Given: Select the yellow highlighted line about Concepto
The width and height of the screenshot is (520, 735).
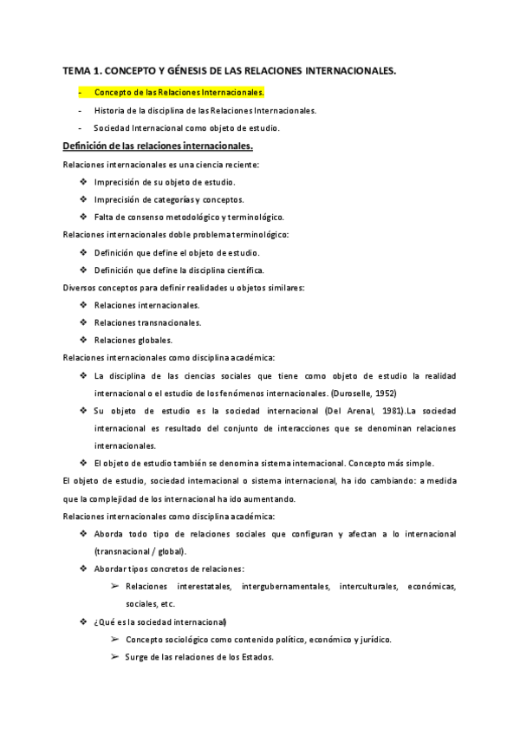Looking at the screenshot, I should click(179, 91).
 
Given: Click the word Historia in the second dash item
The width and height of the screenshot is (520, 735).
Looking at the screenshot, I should click(110, 110).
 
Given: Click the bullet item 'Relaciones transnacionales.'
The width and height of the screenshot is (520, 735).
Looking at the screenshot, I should click(136, 322).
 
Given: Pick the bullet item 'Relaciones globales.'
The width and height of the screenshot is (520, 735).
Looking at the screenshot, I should click(133, 340).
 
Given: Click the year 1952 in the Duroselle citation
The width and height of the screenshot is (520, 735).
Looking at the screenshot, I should click(360, 393).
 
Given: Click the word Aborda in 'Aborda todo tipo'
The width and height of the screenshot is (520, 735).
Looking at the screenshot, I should click(110, 534).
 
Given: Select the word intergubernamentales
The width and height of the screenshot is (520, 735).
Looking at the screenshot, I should click(285, 587).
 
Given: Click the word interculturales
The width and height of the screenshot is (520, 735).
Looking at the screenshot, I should click(368, 587).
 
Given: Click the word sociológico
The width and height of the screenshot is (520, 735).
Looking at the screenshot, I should click(187, 640).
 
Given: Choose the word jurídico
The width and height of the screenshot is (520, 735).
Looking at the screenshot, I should click(373, 640).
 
